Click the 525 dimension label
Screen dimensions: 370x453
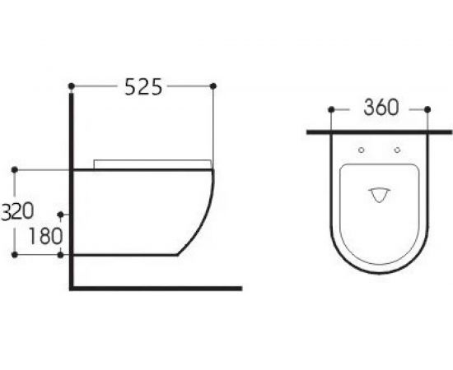coord(143,86)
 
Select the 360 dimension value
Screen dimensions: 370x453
coord(380,108)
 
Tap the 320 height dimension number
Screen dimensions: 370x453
coord(16,211)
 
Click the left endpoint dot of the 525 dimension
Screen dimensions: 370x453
coord(72,86)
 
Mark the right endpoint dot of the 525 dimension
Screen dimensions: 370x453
coord(213,86)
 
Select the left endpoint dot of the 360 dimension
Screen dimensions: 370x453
coord(331,109)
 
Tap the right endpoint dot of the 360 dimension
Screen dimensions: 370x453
coord(427,109)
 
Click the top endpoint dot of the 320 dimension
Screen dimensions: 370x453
coord(15,169)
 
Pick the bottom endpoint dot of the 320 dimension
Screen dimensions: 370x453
coord(15,255)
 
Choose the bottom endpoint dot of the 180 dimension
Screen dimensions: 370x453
coord(62,255)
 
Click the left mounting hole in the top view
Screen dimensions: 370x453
coord(362,150)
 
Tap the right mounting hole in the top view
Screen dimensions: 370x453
coord(397,150)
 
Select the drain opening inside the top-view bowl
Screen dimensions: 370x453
coord(380,193)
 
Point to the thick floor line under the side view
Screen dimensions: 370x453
coord(156,289)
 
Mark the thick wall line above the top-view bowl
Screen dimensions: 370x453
coord(379,131)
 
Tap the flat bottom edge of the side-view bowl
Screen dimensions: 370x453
coord(124,255)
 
